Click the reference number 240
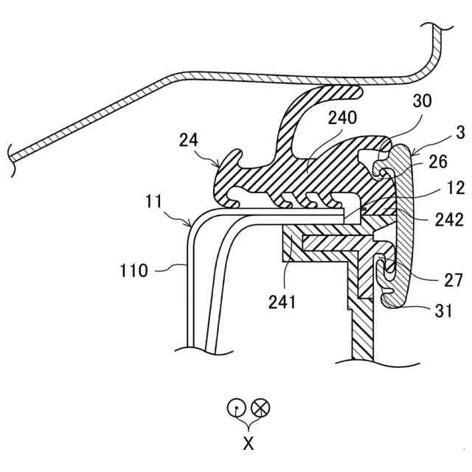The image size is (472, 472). (342, 117)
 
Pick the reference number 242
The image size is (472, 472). (448, 220)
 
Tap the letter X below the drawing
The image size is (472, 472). (249, 444)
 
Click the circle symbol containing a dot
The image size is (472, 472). (235, 406)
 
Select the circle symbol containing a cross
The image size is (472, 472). (261, 406)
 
